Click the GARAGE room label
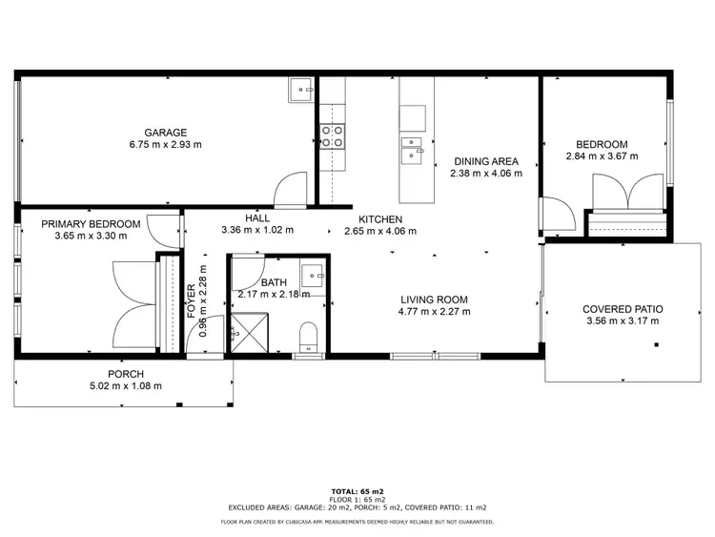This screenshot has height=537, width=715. coord(165,133)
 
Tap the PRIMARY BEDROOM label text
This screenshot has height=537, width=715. coord(91,224)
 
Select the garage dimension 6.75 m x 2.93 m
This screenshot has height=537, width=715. coord(165,145)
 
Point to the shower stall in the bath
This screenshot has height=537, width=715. coord(251,332)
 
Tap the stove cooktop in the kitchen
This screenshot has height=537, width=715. coord(332,136)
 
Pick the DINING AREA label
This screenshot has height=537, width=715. coord(485,161)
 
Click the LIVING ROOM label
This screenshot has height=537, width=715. coord(434,298)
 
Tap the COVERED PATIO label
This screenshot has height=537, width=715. coord(623,309)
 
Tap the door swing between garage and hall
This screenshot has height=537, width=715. coord(289,191)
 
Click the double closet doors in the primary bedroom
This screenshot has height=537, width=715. coord(133,303)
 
